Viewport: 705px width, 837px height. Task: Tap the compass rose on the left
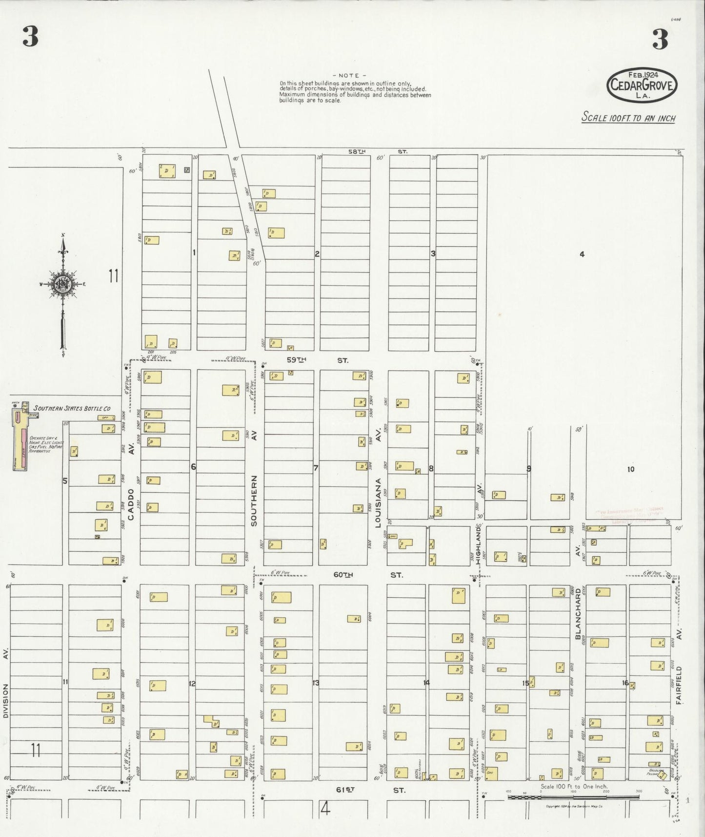pyautogui.click(x=62, y=284)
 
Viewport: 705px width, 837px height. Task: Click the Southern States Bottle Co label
pyautogui.click(x=72, y=408)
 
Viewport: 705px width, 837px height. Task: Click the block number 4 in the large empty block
pyautogui.click(x=582, y=254)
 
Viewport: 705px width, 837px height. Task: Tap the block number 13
pyautogui.click(x=316, y=683)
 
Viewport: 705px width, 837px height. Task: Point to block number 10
pyautogui.click(x=630, y=469)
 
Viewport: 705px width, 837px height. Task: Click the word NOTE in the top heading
pyautogui.click(x=348, y=76)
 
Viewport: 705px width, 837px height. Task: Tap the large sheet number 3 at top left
pyautogui.click(x=30, y=38)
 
